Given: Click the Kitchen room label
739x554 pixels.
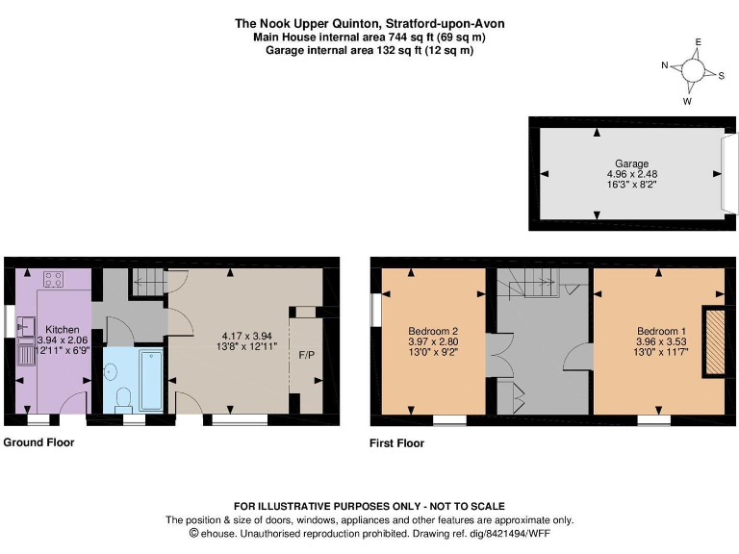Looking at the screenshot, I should point(63,330).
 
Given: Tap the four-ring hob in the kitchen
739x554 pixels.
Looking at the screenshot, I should point(52,281).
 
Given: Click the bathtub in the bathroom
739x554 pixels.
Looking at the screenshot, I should point(151,381).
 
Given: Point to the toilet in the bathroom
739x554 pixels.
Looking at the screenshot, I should point(122,398).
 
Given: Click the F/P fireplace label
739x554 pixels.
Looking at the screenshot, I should point(307,356).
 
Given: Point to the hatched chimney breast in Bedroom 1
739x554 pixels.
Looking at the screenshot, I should point(714,340).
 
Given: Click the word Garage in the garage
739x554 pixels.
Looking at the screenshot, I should point(632,164).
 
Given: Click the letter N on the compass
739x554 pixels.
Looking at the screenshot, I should point(665,65).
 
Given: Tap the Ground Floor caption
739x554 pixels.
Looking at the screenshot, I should point(38,442).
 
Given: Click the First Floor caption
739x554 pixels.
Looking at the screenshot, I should point(396,443).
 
